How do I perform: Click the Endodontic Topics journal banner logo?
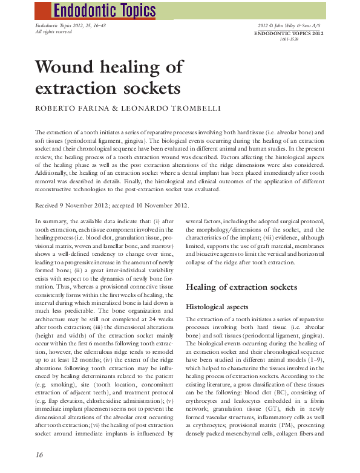[104, 10]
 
